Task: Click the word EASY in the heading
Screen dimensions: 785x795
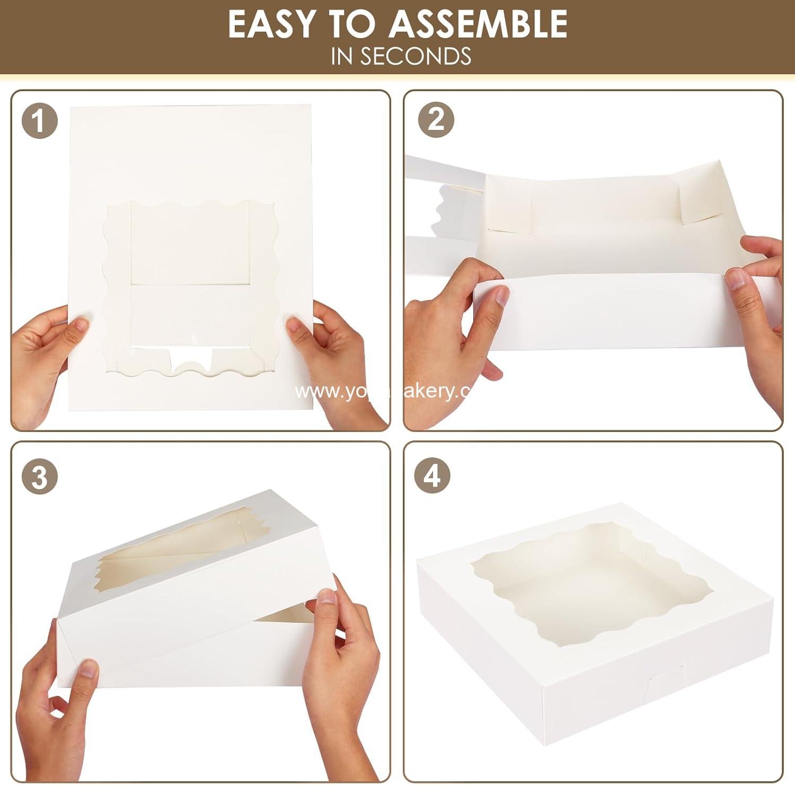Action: [x=271, y=24]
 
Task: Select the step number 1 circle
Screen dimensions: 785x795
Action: [x=39, y=122]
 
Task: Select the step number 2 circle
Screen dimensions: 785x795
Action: [x=436, y=120]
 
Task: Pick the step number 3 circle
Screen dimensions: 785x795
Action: [x=39, y=477]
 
